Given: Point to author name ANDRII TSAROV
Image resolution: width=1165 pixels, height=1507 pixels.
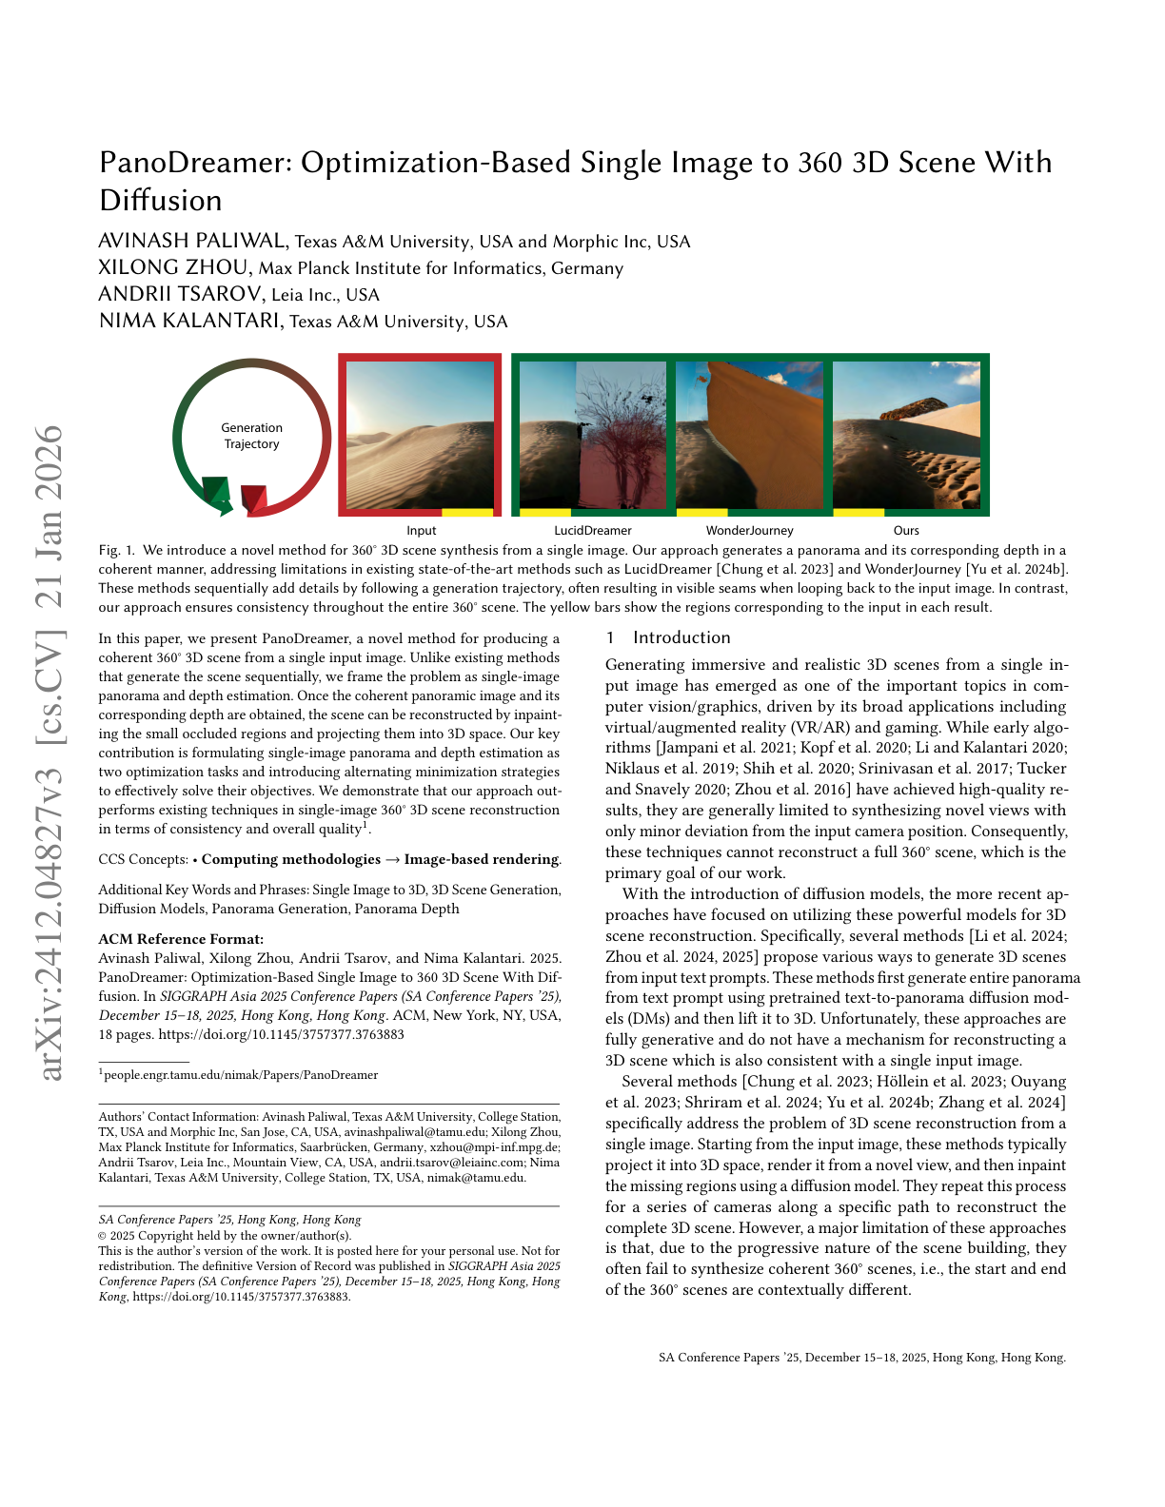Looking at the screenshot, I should [x=181, y=294].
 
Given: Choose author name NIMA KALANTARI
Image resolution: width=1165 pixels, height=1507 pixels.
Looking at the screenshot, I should [x=190, y=321].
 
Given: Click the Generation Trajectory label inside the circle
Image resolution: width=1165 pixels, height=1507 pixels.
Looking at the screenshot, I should [x=251, y=436].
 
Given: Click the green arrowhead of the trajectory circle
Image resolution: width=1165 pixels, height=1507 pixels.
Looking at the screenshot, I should [x=219, y=493].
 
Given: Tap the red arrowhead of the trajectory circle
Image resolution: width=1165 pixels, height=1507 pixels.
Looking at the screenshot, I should [x=254, y=497].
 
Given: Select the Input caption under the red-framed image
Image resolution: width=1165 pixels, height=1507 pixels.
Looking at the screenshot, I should [x=421, y=531].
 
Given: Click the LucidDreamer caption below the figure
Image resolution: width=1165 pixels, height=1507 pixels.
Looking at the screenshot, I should [x=593, y=531].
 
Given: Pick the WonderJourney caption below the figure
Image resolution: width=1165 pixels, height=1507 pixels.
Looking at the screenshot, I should [x=749, y=531].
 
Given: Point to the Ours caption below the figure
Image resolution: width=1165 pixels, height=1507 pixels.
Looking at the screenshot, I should [x=906, y=531].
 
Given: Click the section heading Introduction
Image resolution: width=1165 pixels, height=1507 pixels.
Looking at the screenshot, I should [x=681, y=638].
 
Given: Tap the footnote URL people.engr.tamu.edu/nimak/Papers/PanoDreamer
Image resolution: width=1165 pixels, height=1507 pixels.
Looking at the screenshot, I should [x=241, y=1075].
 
